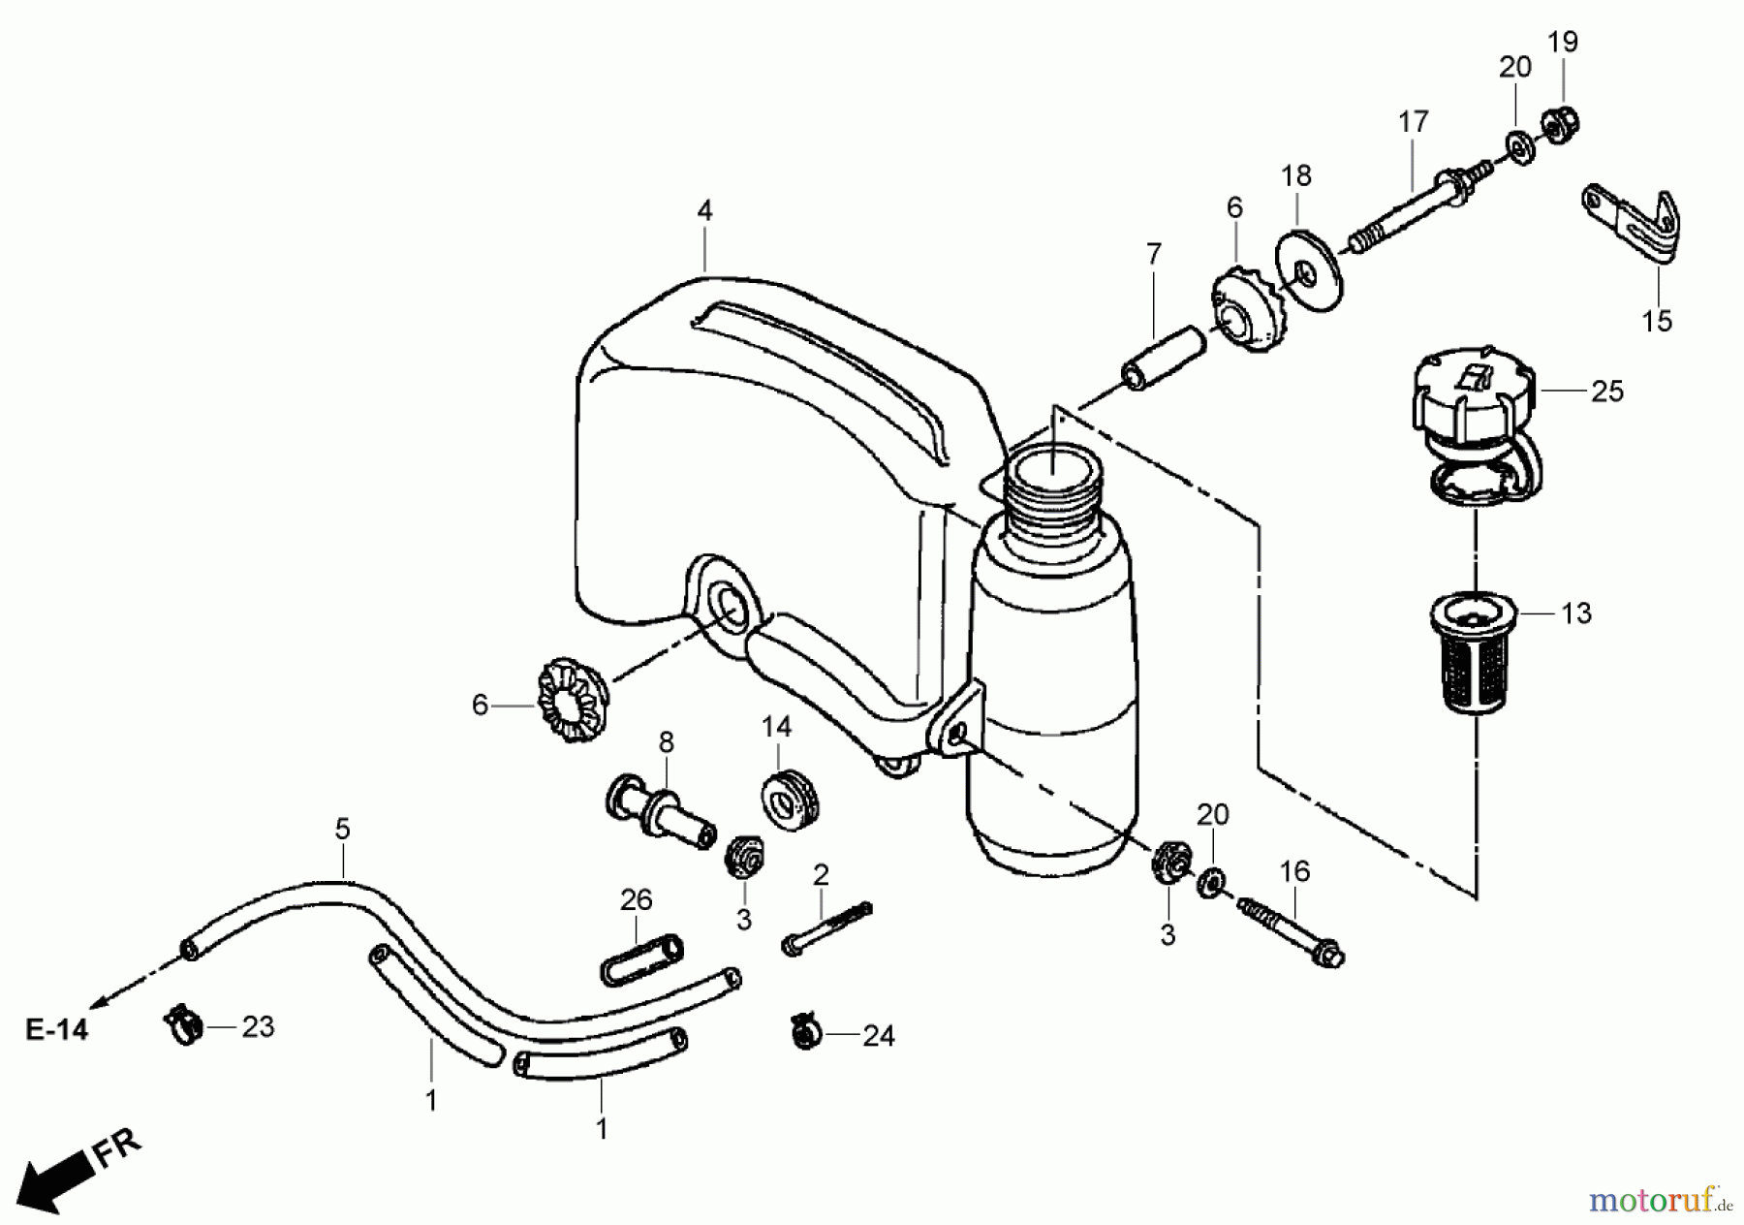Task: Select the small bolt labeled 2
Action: tap(826, 923)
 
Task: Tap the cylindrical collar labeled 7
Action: tap(1165, 357)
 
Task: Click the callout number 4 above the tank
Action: tap(704, 211)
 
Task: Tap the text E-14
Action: tap(56, 1029)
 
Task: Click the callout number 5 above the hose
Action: tap(342, 830)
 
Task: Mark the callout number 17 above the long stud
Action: tap(1414, 122)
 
